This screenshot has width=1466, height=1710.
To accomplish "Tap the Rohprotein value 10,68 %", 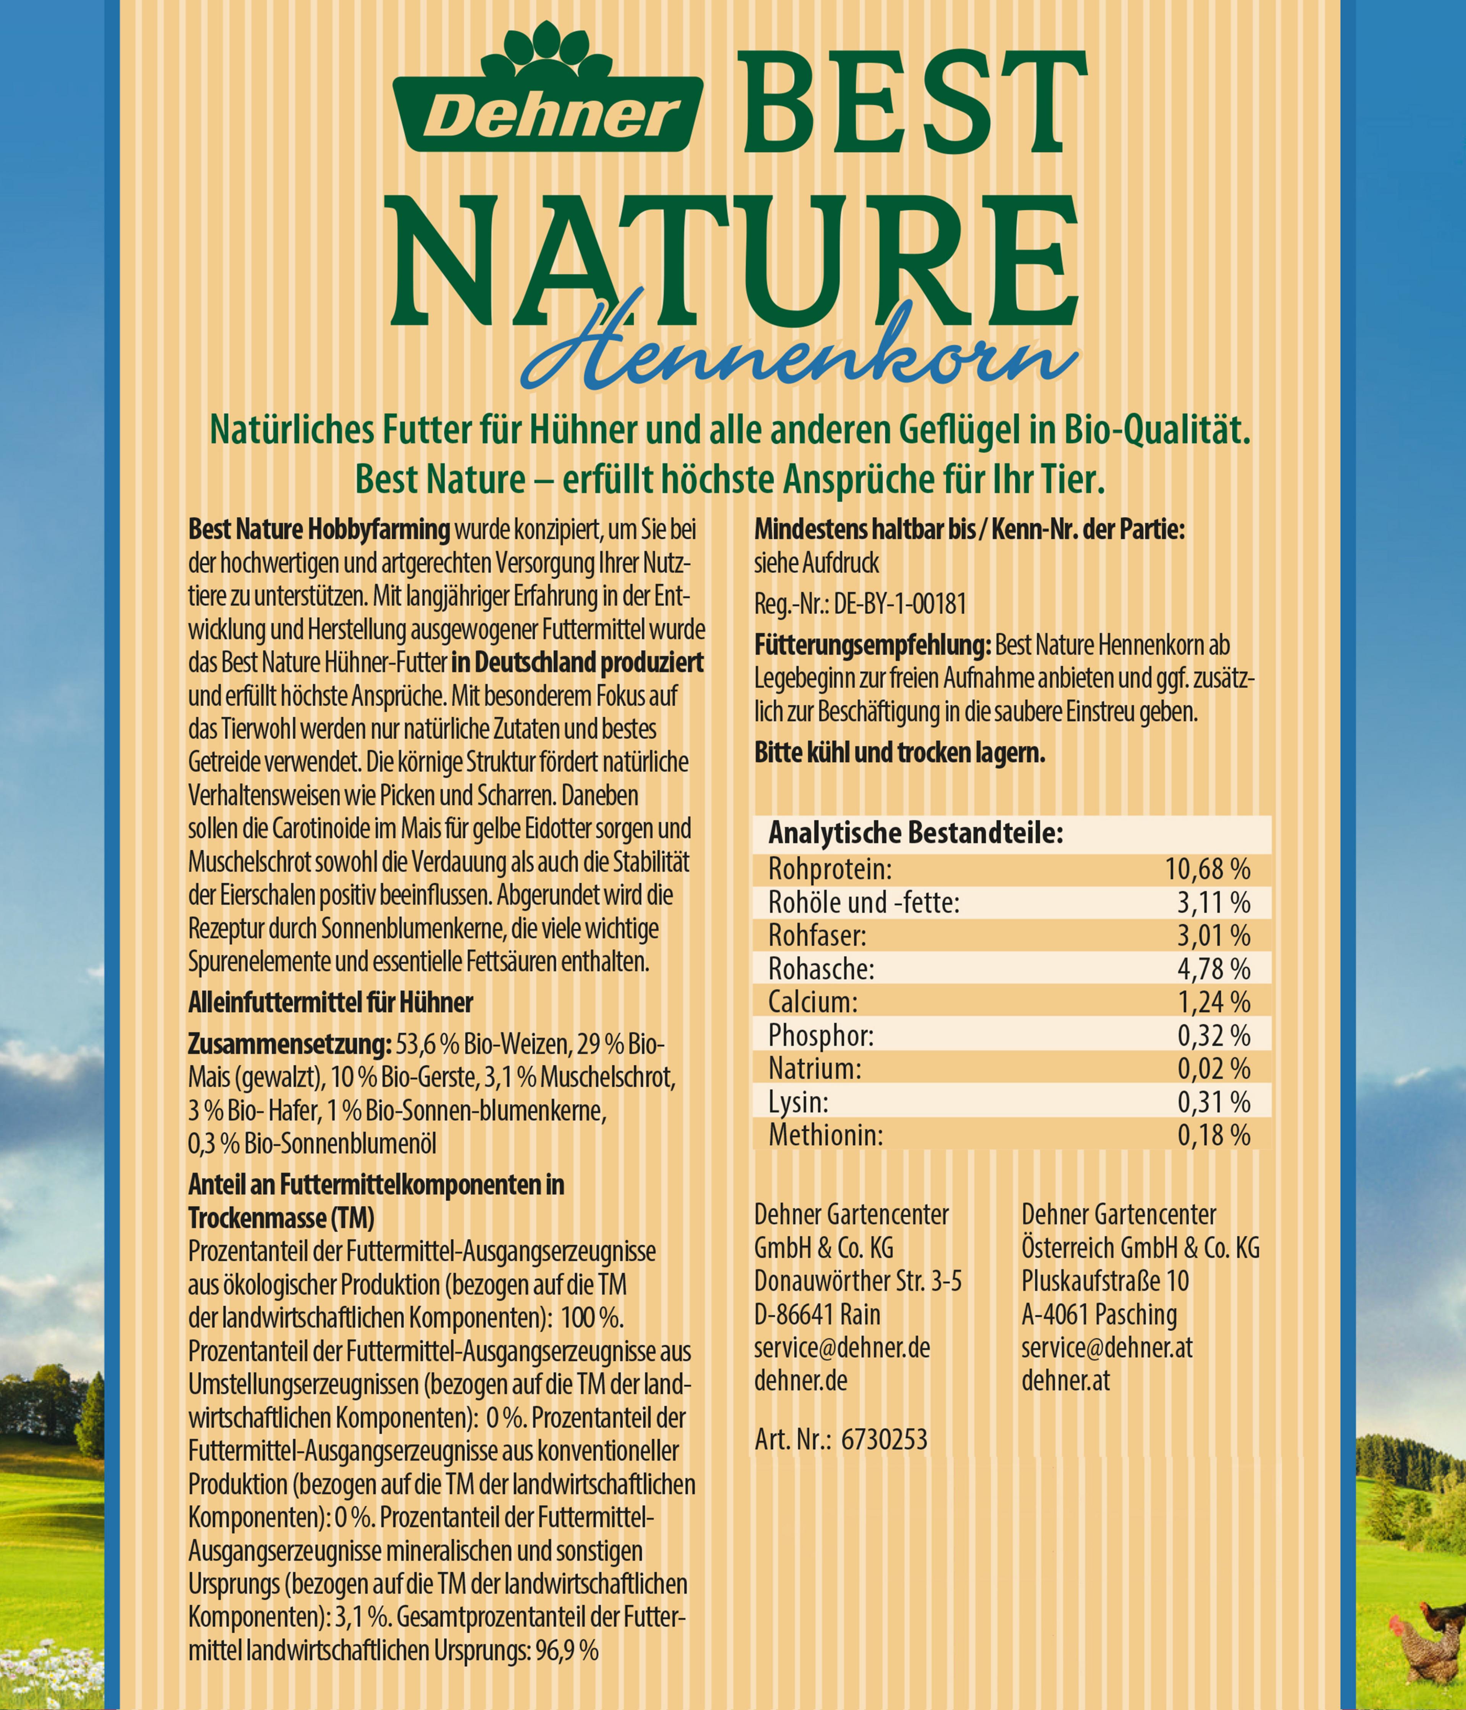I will click(1207, 869).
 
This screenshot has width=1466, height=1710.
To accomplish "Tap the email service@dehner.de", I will click(842, 1348).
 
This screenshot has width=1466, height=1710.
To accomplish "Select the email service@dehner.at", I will click(1106, 1348).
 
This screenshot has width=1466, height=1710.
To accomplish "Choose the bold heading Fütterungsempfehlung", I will click(872, 645).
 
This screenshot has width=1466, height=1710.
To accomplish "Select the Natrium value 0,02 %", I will click(1213, 1069).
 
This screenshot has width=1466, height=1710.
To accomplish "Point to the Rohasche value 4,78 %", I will click(1213, 969).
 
